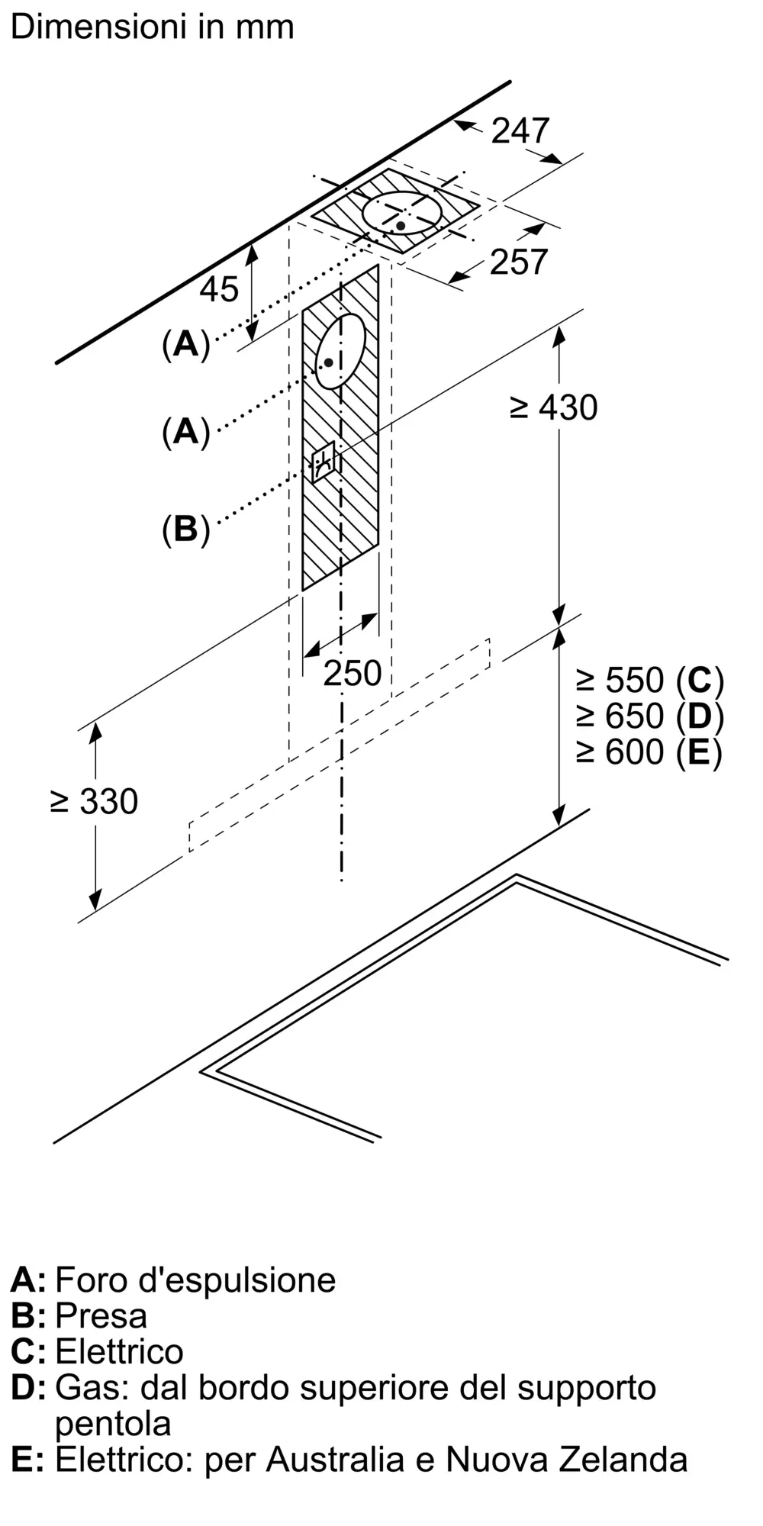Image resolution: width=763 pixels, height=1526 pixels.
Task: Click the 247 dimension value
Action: point(520,130)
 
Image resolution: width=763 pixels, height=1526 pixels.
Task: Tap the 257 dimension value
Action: point(519,262)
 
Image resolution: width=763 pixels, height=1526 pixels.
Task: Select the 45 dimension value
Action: point(219,289)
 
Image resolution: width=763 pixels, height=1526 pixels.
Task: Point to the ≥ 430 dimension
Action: point(553,407)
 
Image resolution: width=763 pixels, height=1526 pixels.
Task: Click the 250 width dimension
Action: point(352,673)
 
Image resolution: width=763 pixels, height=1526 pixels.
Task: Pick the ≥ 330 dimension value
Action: point(94,801)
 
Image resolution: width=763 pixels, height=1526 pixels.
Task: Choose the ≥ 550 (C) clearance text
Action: point(649,680)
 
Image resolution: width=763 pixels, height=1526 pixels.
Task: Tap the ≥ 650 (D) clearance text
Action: point(649,716)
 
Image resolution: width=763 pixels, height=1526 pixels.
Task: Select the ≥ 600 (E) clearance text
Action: point(649,752)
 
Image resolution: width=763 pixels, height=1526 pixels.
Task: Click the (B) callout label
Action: point(185,529)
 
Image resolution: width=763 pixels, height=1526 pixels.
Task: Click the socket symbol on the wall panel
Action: point(323,461)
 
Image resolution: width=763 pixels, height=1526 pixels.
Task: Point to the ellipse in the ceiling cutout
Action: point(402,213)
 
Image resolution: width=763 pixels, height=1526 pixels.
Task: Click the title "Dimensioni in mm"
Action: point(153,27)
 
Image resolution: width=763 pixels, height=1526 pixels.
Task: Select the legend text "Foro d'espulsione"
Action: point(195,1280)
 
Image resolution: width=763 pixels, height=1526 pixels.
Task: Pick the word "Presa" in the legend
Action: point(101,1315)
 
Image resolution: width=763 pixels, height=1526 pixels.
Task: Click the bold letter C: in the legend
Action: point(28,1351)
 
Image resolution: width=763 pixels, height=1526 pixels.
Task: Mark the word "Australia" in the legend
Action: point(335,1460)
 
